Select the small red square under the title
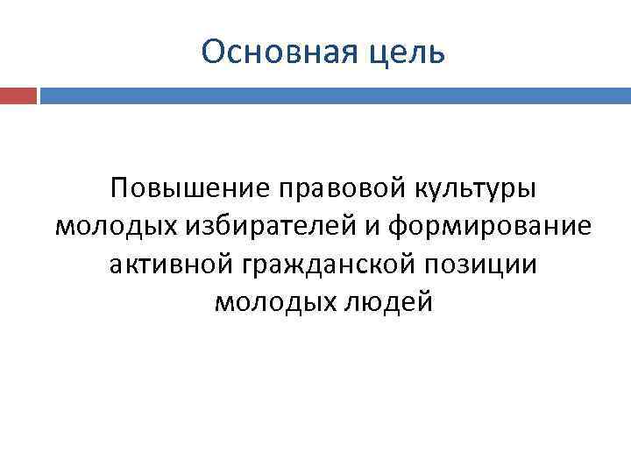pyautogui.click(x=18, y=95)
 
